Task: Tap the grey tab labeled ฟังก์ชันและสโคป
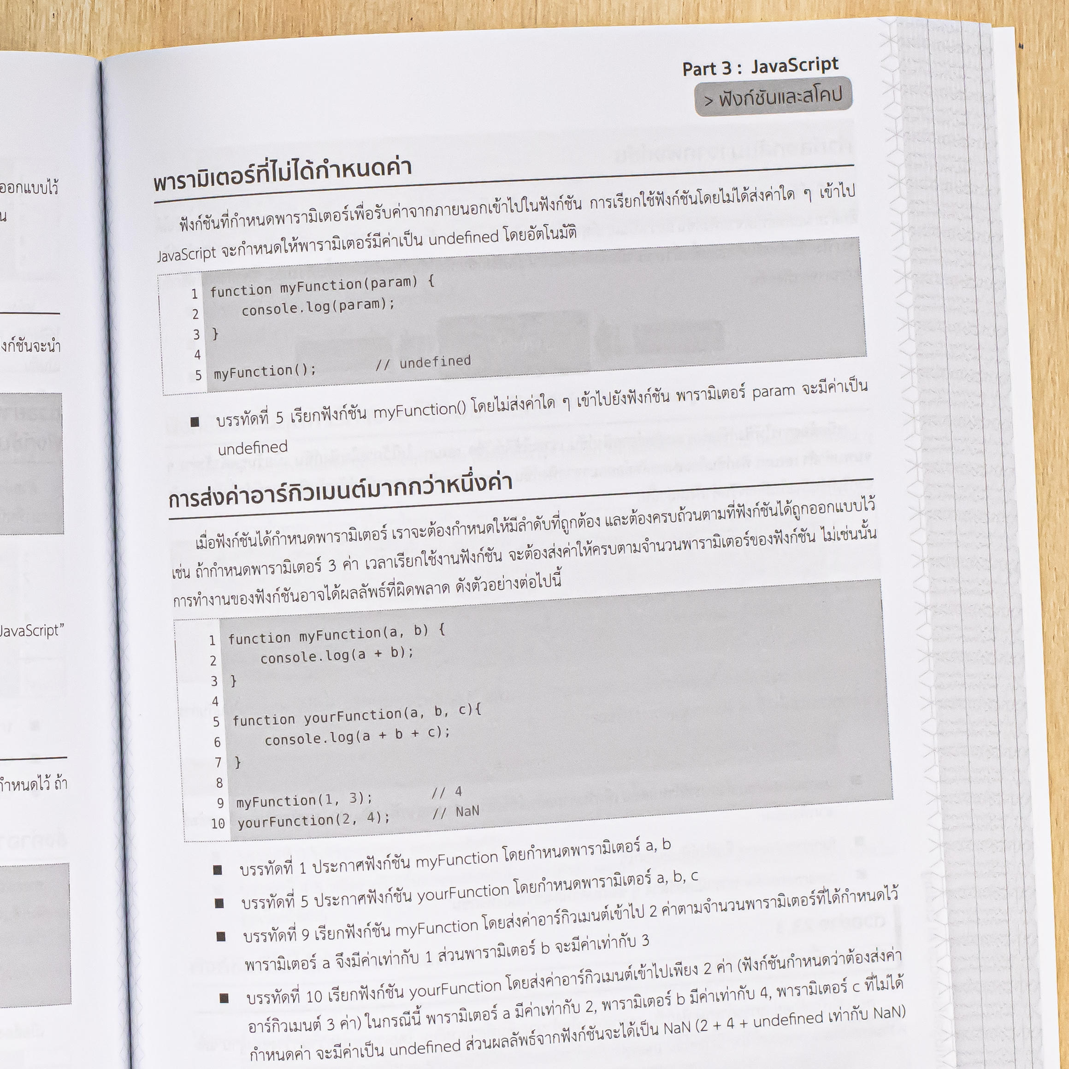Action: (x=773, y=97)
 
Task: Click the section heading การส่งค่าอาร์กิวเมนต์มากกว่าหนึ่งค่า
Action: (x=340, y=491)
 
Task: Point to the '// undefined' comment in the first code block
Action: (x=423, y=362)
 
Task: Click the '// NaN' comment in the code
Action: (x=456, y=812)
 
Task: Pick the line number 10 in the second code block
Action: (x=218, y=823)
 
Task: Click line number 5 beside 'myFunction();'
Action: (x=198, y=376)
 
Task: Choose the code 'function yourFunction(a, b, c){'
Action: (x=357, y=715)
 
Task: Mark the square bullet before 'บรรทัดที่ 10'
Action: (x=224, y=998)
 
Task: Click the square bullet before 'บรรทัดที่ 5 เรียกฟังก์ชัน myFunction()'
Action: (x=195, y=422)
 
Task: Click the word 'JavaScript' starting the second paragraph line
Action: (x=187, y=254)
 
